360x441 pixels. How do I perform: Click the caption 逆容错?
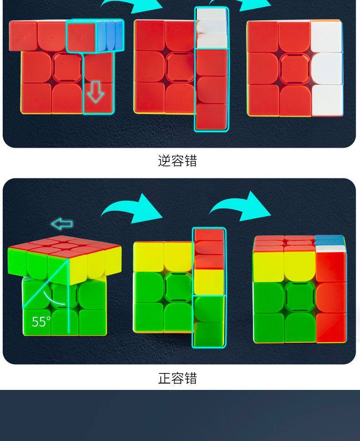click(x=177, y=161)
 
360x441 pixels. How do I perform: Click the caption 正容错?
click(x=177, y=379)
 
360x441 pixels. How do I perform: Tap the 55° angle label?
click(x=41, y=322)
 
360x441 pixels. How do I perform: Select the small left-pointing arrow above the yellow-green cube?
click(x=62, y=224)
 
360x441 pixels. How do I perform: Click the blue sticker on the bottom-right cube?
click(x=329, y=240)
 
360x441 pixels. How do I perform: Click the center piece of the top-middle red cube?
click(x=180, y=67)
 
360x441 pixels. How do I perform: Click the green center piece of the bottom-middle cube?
click(x=179, y=287)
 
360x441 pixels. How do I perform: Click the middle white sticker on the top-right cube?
click(x=327, y=68)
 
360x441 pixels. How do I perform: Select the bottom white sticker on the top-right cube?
click(x=327, y=99)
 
